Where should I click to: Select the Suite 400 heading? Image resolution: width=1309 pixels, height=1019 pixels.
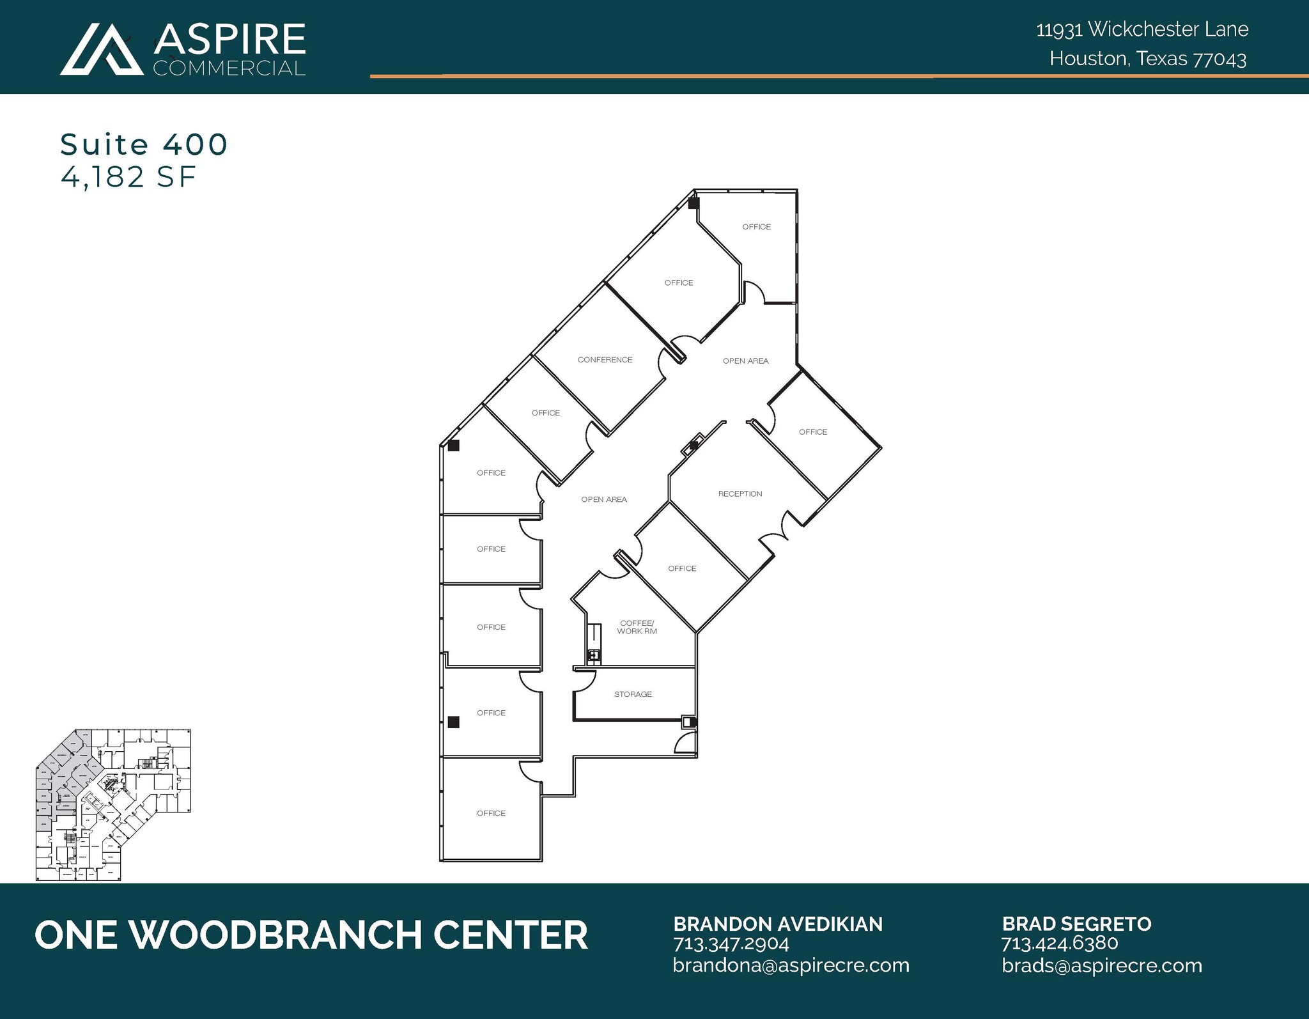click(144, 144)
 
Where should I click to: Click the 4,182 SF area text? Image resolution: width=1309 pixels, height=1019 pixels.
click(128, 177)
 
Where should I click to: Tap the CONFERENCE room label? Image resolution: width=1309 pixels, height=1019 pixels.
click(605, 360)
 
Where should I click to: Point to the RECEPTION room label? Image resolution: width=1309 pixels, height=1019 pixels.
click(740, 494)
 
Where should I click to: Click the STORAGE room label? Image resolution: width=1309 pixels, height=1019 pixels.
click(633, 694)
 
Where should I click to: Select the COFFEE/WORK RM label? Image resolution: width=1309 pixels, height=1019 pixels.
click(637, 627)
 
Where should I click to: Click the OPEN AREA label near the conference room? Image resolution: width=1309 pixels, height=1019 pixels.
click(745, 361)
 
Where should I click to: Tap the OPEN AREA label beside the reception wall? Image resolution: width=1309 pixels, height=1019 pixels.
click(604, 500)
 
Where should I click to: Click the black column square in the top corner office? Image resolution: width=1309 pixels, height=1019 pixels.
click(693, 204)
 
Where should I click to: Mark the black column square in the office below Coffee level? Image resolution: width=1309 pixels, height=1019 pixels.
click(453, 722)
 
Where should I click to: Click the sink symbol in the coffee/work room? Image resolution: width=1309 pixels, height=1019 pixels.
click(594, 655)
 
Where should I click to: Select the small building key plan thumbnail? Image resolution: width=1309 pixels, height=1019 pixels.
click(113, 805)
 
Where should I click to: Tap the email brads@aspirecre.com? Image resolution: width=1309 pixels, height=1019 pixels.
click(1101, 965)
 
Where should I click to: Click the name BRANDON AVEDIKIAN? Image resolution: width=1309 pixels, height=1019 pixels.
click(777, 924)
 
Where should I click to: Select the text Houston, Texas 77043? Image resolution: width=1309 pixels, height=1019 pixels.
click(1147, 59)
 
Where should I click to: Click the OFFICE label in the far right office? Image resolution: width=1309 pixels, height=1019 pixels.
click(813, 432)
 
